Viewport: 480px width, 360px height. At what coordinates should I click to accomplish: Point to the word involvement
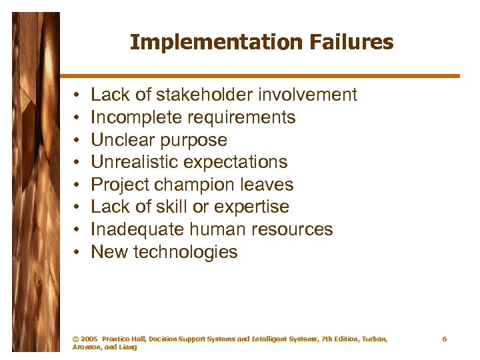[305, 95]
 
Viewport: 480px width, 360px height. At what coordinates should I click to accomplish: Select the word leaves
[268, 185]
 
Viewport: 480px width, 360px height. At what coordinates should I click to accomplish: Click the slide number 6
[445, 339]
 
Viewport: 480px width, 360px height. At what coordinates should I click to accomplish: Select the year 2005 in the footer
[89, 339]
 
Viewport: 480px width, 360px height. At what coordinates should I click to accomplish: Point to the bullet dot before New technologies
[78, 253]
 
